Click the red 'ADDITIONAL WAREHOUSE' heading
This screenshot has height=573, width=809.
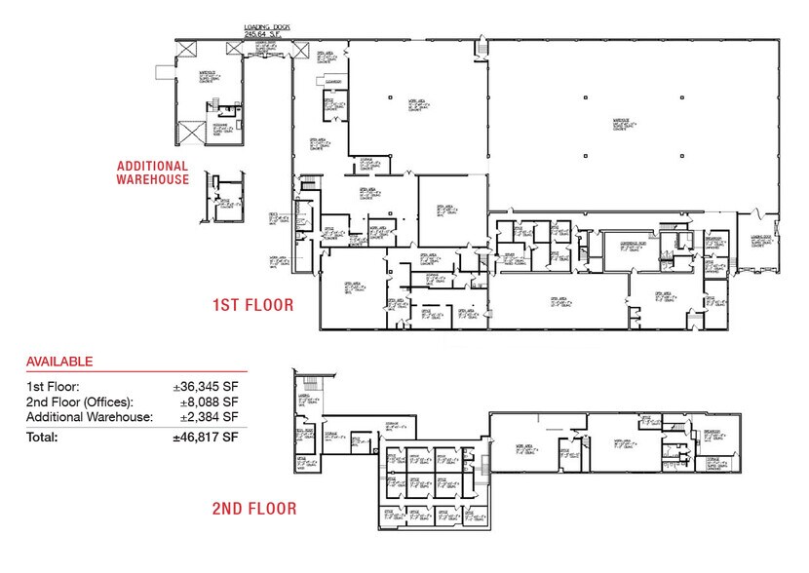(152, 172)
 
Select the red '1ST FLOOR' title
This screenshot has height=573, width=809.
(252, 306)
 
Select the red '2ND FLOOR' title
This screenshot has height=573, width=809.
(252, 509)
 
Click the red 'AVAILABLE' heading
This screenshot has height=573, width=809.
(59, 362)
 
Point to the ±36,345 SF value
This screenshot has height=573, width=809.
(208, 387)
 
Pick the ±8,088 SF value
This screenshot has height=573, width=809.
(211, 401)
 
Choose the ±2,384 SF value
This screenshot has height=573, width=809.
(211, 416)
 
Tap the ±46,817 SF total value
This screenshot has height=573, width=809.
(205, 438)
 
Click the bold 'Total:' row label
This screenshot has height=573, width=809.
(43, 438)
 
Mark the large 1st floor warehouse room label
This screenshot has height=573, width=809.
(621, 123)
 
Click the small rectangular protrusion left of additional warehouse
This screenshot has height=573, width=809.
(163, 75)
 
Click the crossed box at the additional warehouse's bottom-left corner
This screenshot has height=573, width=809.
(188, 131)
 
